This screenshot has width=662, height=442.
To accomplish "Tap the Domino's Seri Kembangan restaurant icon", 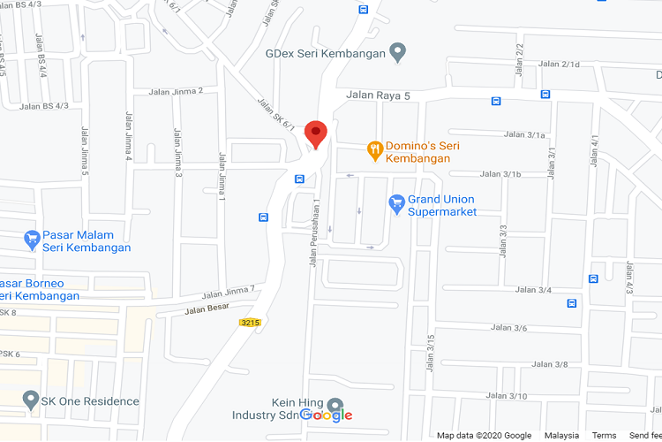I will coord(376,150).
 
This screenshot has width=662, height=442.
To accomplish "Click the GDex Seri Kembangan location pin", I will coord(398,53).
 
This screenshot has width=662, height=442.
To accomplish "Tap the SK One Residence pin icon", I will coord(31,401).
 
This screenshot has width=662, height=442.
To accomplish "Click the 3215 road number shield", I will coord(250,324).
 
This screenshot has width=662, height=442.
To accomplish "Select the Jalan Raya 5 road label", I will coord(379,95).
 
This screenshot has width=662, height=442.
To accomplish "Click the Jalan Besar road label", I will coord(207,309).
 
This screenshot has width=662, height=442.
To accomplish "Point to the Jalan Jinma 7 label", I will coord(228,292).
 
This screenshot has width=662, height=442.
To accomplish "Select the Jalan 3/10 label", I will coord(507,396).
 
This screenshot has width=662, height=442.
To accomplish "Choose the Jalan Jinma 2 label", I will coord(177,91).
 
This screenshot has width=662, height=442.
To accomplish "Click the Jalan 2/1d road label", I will coord(559,65).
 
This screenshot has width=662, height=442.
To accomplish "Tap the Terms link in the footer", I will coord(604,435).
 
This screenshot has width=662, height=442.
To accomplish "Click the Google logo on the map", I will coord(326,415).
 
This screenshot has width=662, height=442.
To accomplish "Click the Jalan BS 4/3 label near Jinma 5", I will coord(43,107).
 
